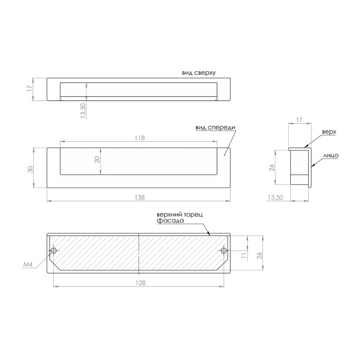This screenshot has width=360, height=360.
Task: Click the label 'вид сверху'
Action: pos(199,73)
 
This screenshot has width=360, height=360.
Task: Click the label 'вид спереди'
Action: pos(215,127)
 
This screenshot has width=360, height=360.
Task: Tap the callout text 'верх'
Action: pos(329,132)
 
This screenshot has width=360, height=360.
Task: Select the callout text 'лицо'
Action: pos(331,156)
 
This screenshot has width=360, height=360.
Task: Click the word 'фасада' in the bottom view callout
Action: pos(170,221)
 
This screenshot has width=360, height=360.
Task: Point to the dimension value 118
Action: pos(140,138)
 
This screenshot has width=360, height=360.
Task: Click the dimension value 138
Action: pos(140,197)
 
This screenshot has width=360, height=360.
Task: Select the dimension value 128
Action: pos(141,282)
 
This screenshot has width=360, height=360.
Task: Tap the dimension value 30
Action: pos(30,169)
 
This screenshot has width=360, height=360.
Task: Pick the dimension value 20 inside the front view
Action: pos(98,159)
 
